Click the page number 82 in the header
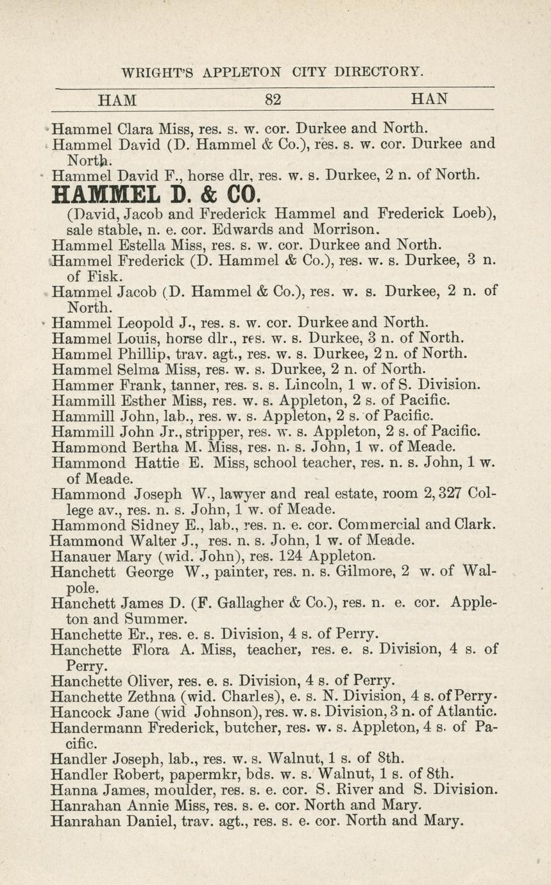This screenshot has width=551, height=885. coord(274,99)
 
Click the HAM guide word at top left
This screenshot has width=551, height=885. coord(117,99)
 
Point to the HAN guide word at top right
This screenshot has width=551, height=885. coord(428,99)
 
